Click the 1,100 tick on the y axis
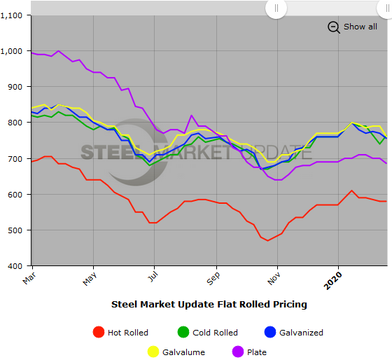pyautogui.click(x=14, y=15)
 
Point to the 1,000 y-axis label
pyautogui.click(x=14, y=51)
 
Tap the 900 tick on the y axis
pyautogui.click(x=17, y=87)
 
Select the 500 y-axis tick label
pyautogui.click(x=17, y=230)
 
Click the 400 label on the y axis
pyautogui.click(x=17, y=266)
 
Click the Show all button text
pyautogui.click(x=360, y=27)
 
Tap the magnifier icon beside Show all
pyautogui.click(x=333, y=27)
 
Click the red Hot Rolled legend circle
pyautogui.click(x=98, y=333)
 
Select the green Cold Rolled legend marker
pyautogui.click(x=183, y=333)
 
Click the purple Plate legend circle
pyautogui.click(x=236, y=352)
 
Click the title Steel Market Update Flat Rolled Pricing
pyautogui.click(x=209, y=305)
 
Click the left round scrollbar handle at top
pyautogui.click(x=276, y=8)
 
